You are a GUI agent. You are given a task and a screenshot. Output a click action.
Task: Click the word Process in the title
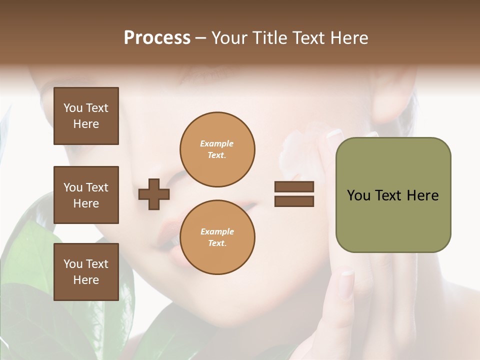point(157,38)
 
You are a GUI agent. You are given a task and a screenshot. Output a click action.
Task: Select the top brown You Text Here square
point(86,116)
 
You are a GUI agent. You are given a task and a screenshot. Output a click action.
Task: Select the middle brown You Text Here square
point(86,195)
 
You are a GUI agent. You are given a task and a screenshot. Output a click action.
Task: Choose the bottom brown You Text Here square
point(86,272)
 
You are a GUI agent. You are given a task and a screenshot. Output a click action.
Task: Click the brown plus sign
point(154,194)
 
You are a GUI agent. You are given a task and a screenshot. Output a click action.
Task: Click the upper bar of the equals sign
point(294,186)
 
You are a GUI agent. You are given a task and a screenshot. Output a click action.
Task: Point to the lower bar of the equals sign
point(294,201)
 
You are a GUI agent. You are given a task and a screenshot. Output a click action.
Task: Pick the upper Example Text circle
point(217,149)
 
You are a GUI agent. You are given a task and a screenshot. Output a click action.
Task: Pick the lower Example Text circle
point(217,237)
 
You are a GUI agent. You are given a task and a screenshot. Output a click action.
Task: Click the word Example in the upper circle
point(217,143)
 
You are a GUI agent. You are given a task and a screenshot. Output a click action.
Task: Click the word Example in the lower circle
point(217,231)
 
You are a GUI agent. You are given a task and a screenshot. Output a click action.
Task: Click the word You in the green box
point(358,195)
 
